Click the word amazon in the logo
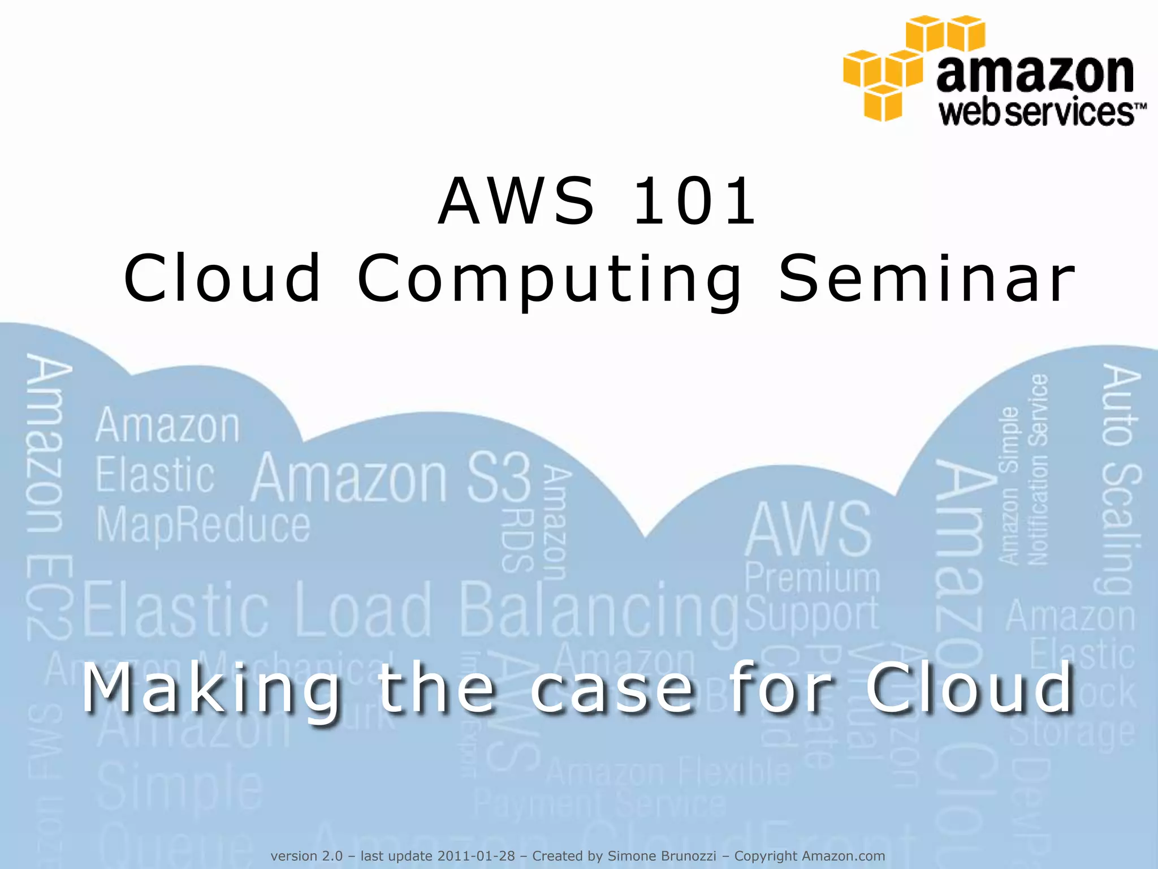coord(1035,74)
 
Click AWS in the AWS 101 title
coord(517,201)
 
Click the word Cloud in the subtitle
coord(969,689)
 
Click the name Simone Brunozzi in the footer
coord(662,856)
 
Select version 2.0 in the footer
coord(306,856)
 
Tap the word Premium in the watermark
coord(813,578)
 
